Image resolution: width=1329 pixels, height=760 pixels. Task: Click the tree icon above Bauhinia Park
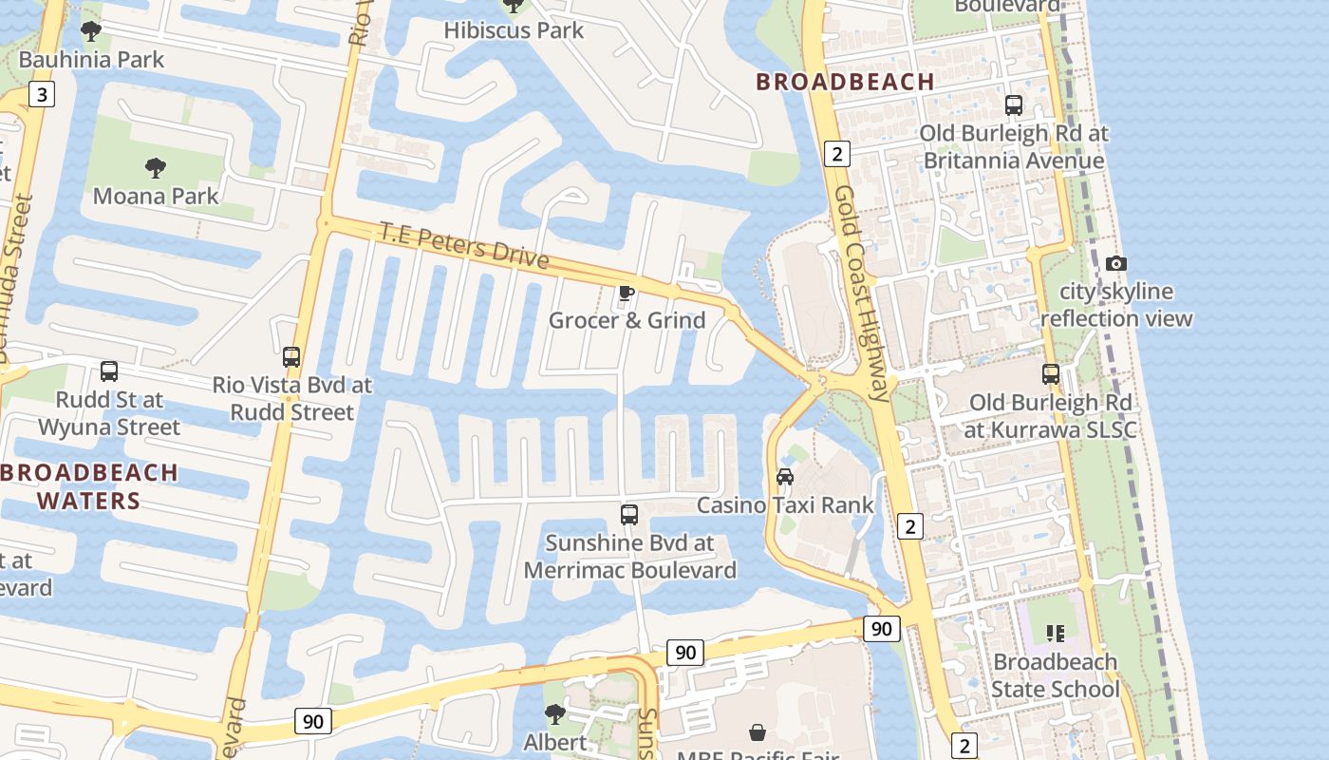91,31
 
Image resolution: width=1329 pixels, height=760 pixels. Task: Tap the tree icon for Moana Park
156,168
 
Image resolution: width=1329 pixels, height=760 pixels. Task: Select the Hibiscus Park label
514,30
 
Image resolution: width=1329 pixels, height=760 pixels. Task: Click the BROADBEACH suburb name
845,82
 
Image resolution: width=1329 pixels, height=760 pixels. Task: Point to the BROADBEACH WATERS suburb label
89,486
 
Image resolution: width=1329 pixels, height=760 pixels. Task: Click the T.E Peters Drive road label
464,245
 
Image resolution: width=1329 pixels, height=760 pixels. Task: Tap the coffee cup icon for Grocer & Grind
626,293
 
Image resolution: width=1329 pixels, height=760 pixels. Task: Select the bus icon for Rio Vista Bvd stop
291,357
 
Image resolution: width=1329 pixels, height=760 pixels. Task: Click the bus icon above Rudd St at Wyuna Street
109,371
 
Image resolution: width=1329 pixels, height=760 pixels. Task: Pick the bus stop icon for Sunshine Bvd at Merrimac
628,515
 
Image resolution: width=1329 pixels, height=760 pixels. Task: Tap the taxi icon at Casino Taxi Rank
785,477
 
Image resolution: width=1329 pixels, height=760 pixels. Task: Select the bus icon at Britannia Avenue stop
1014,105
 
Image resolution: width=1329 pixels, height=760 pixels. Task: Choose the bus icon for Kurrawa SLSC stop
1050,374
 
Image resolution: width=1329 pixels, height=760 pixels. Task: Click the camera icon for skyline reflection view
1116,263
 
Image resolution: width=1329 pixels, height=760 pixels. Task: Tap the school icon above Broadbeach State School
1055,633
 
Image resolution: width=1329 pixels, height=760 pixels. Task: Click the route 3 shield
41,94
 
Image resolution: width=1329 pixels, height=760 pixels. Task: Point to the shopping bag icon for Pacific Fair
758,732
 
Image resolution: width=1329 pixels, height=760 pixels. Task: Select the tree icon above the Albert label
555,713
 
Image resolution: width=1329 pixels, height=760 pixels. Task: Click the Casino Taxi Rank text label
785,504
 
